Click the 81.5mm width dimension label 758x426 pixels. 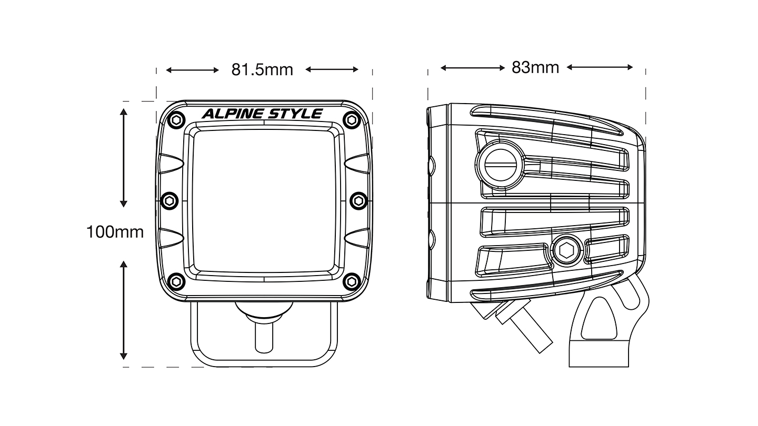tap(262, 69)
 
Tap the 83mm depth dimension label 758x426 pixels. tap(535, 67)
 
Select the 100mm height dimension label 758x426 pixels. tap(115, 232)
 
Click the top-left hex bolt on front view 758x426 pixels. tap(176, 119)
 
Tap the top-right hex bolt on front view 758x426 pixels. tap(350, 119)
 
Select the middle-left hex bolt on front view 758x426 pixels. tap(169, 200)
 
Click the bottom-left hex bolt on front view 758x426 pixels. tap(176, 280)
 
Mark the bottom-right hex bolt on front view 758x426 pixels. tap(350, 280)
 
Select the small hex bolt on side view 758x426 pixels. tap(567, 251)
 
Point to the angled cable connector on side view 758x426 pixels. tap(524, 326)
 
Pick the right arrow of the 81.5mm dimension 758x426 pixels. tap(332, 69)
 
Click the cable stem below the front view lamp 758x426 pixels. tap(263, 337)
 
